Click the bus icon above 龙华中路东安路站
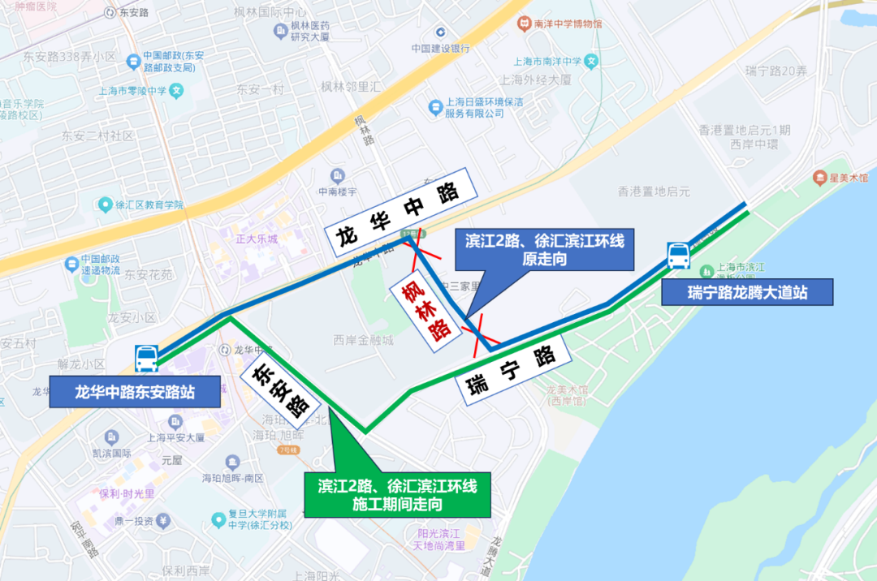click(147, 359)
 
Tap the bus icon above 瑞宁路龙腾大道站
click(678, 256)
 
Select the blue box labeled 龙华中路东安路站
click(135, 393)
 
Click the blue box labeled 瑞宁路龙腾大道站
click(747, 292)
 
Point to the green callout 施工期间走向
click(397, 495)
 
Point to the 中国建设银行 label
click(440, 48)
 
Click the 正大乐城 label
click(257, 239)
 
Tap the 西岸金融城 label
click(363, 340)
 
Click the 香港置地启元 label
click(654, 192)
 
